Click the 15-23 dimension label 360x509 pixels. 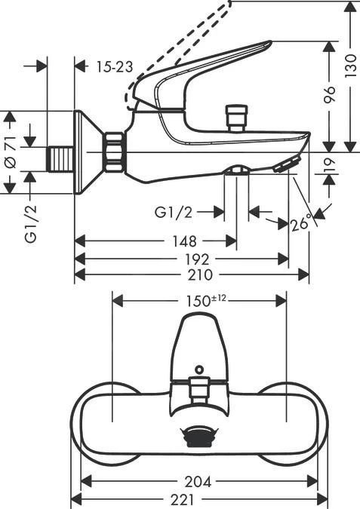(115, 67)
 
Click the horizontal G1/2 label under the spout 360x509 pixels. (173, 213)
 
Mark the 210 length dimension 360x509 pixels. (198, 275)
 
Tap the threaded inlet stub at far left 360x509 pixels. (62, 158)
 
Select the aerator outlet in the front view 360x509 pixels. (198, 436)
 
